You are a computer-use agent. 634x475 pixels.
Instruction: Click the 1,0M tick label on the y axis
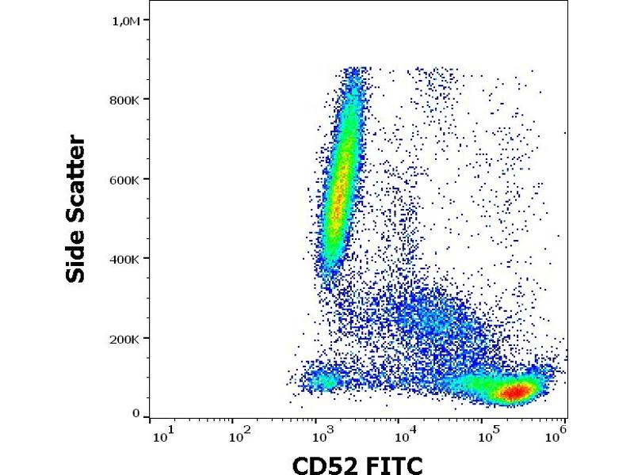click(128, 21)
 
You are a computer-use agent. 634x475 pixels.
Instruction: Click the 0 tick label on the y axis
click(136, 413)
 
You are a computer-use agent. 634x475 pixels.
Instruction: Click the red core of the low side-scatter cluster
click(516, 391)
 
